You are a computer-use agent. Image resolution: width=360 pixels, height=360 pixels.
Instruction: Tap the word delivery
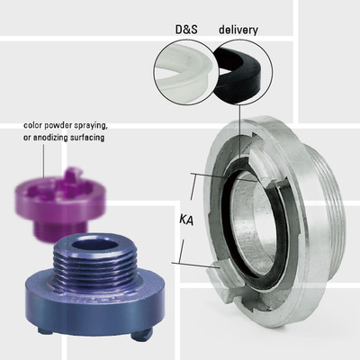point(238,29)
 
